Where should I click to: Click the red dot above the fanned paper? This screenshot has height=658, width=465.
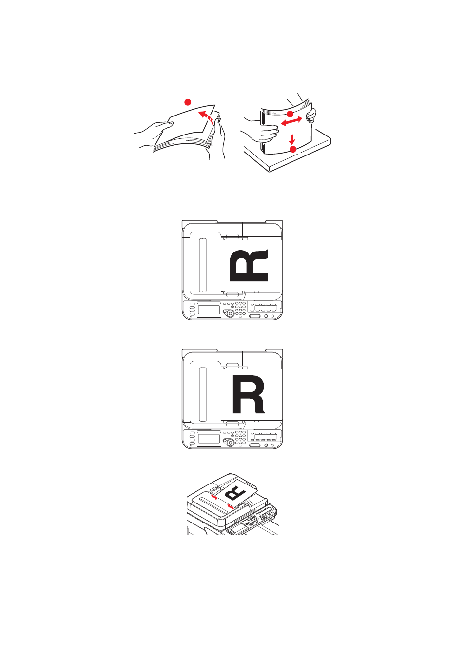coord(188,102)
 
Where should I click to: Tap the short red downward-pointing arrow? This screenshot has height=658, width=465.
coord(291,139)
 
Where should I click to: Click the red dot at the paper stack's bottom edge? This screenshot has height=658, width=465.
coord(293,149)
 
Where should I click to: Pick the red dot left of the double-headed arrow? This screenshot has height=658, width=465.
coord(290,114)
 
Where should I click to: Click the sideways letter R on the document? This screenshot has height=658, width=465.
coord(249,265)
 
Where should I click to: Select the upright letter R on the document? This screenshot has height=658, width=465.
coord(248,394)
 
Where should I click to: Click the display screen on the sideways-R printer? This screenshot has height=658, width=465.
coord(209,310)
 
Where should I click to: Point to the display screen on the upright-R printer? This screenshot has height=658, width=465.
coord(209,439)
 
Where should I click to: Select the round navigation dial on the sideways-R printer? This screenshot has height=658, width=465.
coord(230,313)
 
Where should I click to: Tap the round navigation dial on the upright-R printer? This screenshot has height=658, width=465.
coord(230,443)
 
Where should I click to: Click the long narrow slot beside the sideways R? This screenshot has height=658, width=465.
coord(203,265)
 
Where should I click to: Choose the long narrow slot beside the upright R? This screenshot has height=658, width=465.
coord(203,394)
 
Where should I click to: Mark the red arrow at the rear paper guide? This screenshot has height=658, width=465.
coord(214,497)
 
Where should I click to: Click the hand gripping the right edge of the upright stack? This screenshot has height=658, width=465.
coord(311,115)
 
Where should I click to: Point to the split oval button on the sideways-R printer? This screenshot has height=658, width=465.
coord(254,316)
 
